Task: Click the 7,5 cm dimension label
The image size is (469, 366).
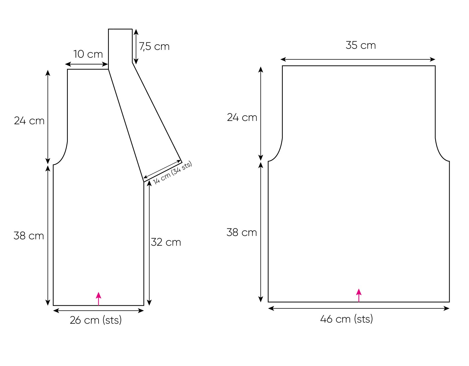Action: [154, 46]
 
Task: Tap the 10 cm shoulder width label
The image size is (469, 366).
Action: [88, 54]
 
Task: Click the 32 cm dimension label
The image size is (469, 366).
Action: [166, 242]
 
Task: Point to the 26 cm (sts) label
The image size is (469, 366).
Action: [96, 320]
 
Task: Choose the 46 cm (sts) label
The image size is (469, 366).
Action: [346, 319]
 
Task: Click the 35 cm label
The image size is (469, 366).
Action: [361, 45]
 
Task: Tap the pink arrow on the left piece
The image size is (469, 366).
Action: [98, 299]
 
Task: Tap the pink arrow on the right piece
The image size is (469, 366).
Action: [359, 295]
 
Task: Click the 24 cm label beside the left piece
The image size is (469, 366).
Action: [29, 121]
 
